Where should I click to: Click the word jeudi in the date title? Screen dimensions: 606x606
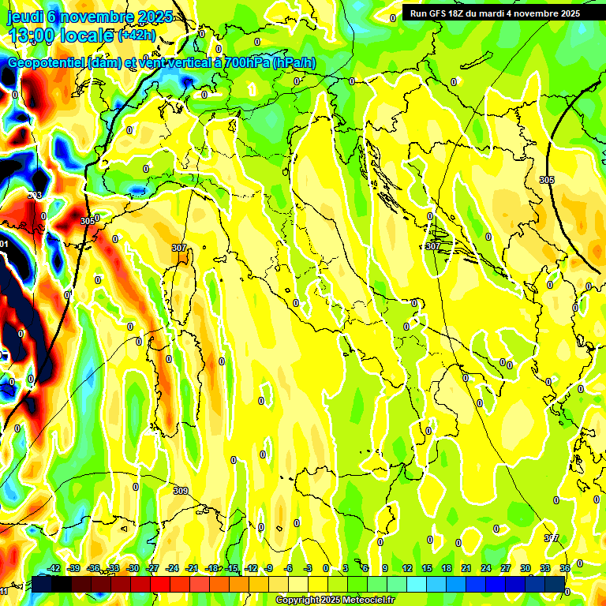click(x=24, y=17)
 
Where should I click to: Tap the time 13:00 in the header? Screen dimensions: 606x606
click(x=31, y=36)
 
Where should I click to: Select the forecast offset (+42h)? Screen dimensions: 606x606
click(x=137, y=36)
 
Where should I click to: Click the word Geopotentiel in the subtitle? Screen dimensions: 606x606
click(x=47, y=64)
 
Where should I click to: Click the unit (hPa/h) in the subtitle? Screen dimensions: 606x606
click(x=294, y=64)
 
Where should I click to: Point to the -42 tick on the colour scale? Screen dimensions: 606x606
click(x=54, y=568)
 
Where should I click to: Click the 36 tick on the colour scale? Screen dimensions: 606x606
click(x=565, y=568)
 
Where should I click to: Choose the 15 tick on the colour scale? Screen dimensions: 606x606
click(x=427, y=568)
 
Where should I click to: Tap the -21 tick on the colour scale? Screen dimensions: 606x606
click(x=191, y=568)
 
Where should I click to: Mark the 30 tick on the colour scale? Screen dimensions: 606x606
click(x=526, y=568)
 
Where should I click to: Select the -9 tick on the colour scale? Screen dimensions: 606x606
click(x=269, y=568)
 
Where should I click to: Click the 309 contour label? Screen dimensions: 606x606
click(x=181, y=491)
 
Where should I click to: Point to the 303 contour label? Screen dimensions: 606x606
click(x=35, y=195)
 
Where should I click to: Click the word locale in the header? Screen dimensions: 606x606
click(x=85, y=36)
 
